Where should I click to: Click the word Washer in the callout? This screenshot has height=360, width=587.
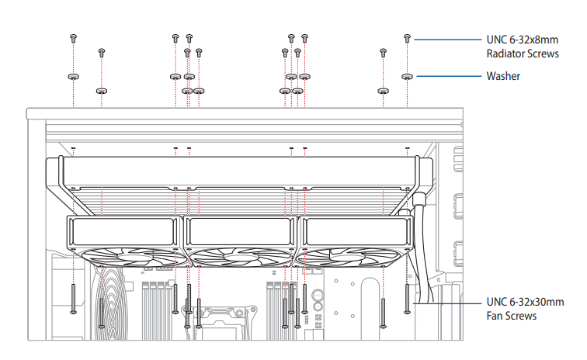[503, 77]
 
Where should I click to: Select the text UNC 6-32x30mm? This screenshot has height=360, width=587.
[526, 302]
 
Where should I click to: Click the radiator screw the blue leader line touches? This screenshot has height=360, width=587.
[408, 37]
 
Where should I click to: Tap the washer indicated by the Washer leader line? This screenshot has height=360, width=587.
[408, 77]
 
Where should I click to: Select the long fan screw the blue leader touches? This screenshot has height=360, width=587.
[408, 299]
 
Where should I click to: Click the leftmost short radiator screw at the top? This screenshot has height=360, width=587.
[73, 37]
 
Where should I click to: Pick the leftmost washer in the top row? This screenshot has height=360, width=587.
[73, 77]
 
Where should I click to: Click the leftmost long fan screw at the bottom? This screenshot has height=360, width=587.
[73, 299]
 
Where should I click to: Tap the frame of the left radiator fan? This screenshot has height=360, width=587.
[124, 233]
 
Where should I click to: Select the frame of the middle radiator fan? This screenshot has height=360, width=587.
[241, 233]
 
